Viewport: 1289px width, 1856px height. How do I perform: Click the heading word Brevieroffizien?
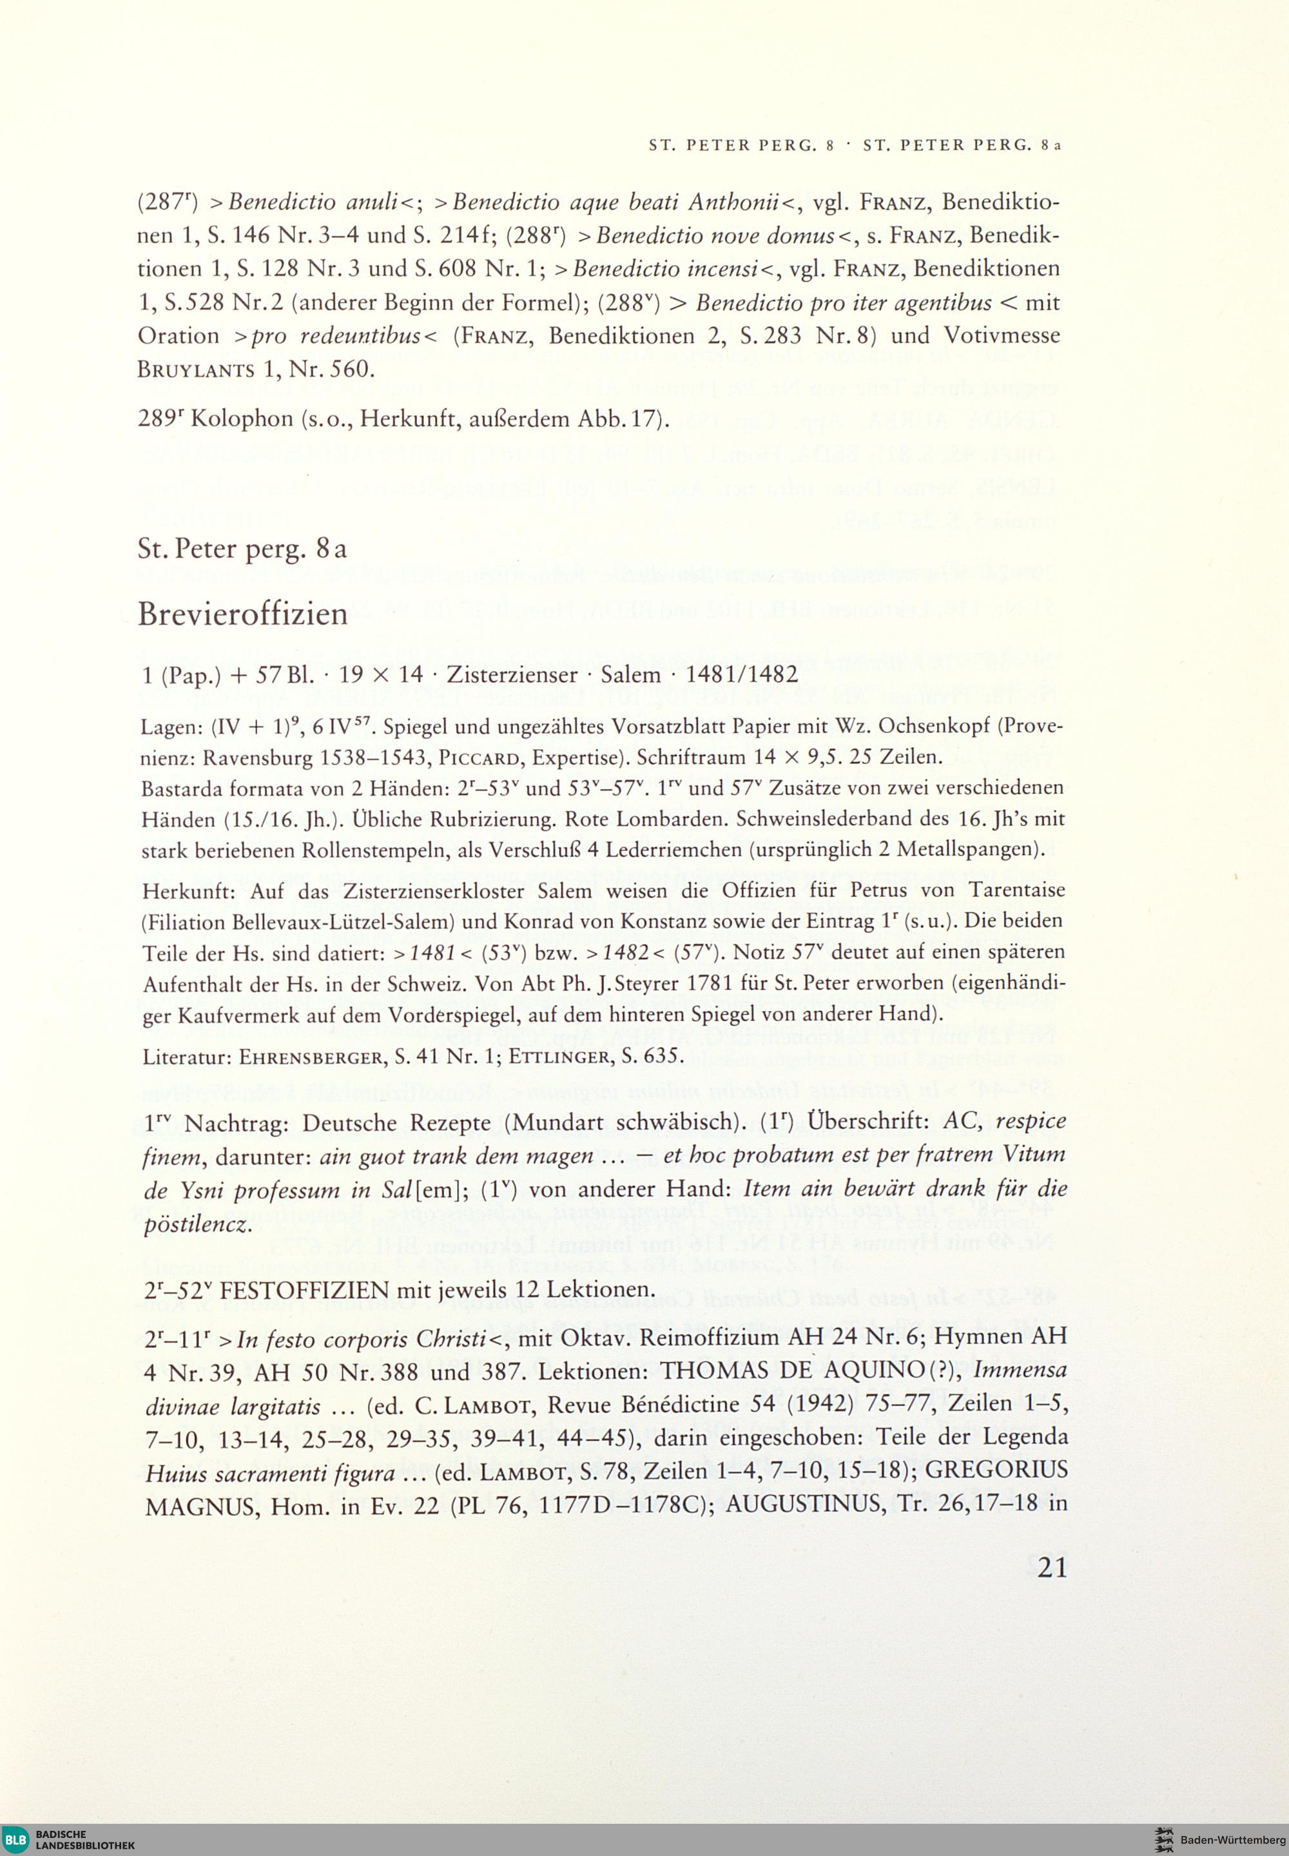coord(242,614)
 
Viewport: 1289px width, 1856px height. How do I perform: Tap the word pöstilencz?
coord(197,1224)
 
